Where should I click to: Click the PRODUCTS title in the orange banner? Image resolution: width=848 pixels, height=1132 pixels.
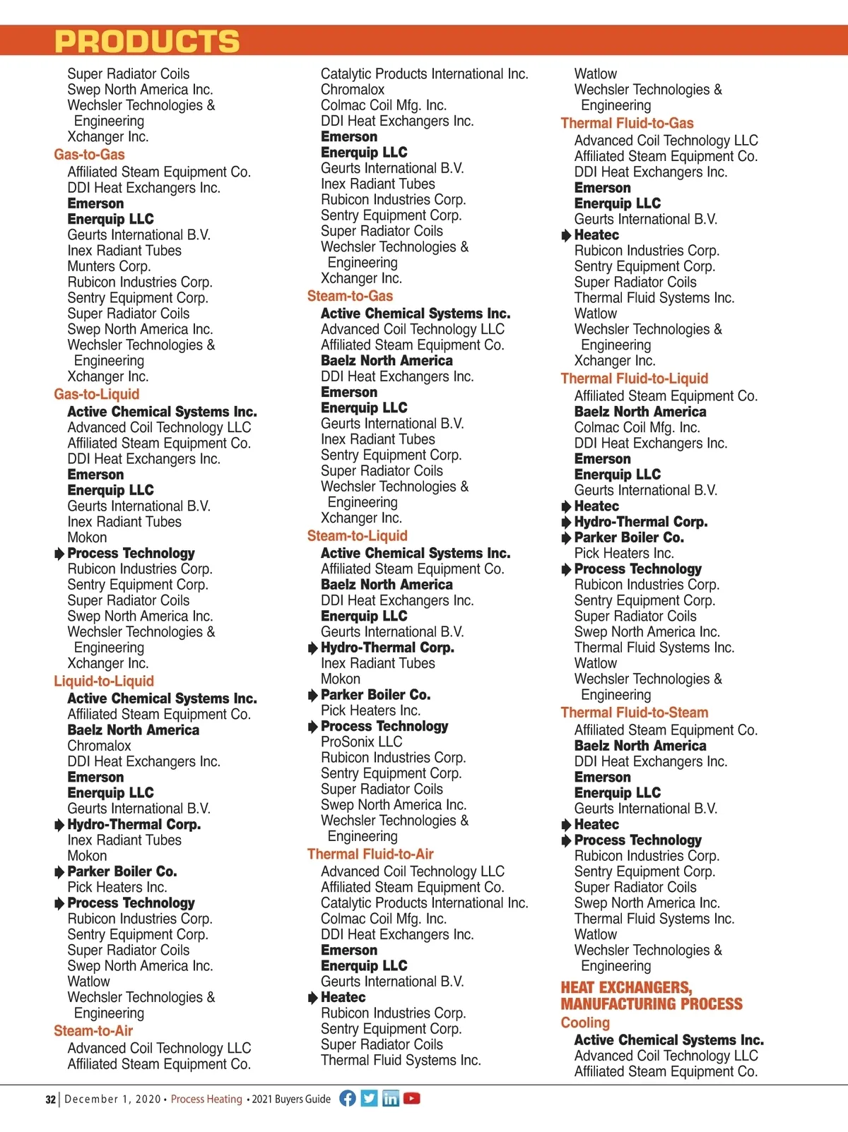click(x=147, y=42)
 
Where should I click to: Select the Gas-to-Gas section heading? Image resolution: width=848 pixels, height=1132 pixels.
click(x=89, y=155)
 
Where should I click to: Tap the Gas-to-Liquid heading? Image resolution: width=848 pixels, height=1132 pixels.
click(x=97, y=394)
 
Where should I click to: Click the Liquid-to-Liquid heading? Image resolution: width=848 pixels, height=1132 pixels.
click(x=104, y=681)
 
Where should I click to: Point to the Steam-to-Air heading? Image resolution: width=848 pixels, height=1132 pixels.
click(x=93, y=1031)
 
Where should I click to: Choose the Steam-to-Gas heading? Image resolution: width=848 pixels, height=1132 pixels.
click(x=350, y=296)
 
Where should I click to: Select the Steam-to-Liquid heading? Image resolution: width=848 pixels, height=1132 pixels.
click(x=358, y=536)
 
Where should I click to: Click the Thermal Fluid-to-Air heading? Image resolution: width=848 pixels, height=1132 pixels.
click(x=370, y=854)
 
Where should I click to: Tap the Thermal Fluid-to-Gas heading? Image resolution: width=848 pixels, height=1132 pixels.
click(x=627, y=123)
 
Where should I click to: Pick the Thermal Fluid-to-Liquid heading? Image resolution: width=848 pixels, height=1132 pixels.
click(x=634, y=379)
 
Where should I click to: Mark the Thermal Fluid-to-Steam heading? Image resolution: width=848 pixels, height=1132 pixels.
click(x=634, y=713)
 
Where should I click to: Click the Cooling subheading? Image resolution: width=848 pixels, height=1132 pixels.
click(x=585, y=1023)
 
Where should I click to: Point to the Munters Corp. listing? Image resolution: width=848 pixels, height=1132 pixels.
click(x=109, y=266)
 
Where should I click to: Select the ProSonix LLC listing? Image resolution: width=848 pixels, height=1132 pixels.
click(x=361, y=741)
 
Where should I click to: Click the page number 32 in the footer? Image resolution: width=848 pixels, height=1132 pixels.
click(x=50, y=1100)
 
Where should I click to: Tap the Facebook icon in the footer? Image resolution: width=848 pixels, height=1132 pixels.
click(x=348, y=1098)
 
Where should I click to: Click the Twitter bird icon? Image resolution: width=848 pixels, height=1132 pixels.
click(x=369, y=1098)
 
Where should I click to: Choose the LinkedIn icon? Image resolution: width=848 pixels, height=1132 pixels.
click(x=390, y=1098)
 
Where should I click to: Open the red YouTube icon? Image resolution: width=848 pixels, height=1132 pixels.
click(x=411, y=1098)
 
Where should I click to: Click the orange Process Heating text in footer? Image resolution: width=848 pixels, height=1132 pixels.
click(x=206, y=1099)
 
